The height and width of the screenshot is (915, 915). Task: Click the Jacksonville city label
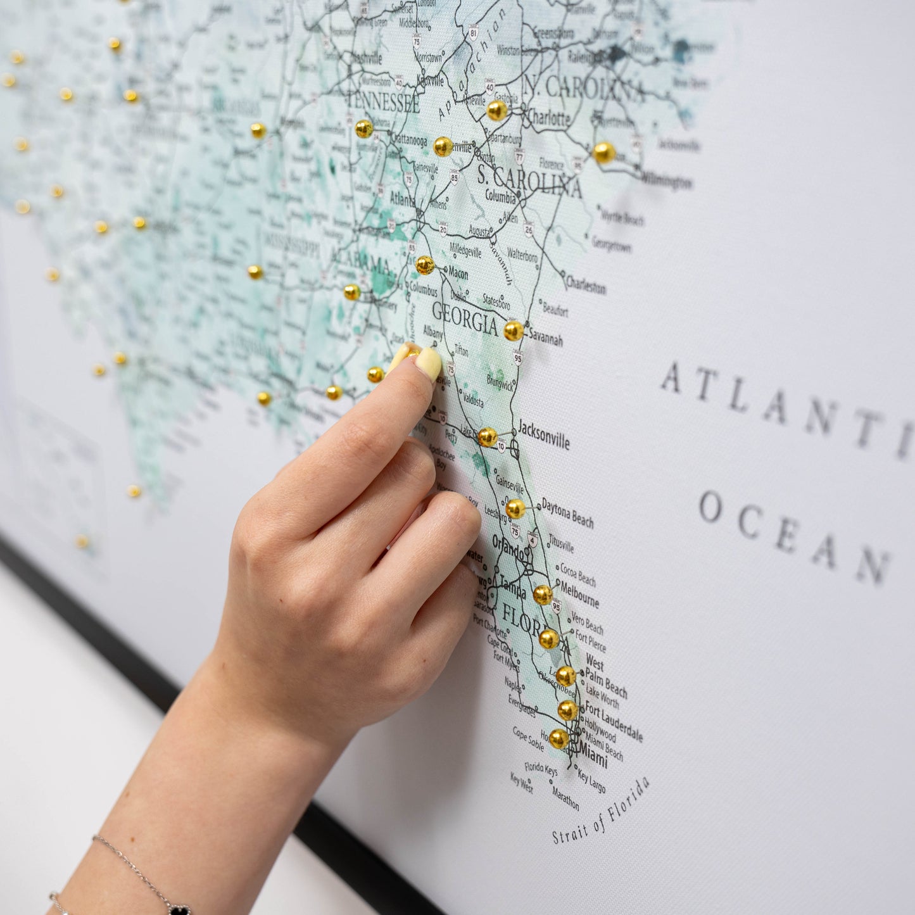544,435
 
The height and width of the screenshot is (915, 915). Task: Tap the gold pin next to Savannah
513,331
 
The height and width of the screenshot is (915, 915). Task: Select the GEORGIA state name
465,319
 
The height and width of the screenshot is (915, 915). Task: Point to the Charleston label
586,285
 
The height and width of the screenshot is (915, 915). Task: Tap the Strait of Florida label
600,811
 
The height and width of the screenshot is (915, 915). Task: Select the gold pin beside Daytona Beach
515,508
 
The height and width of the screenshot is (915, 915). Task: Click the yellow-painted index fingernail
429,363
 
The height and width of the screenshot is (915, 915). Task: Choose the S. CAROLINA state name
529,182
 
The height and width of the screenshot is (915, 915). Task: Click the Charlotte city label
548,118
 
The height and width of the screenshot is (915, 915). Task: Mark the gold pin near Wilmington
603,153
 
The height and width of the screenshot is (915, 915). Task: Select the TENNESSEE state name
383,101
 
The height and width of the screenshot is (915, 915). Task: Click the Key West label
522,782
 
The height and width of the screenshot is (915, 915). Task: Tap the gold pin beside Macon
425,265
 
